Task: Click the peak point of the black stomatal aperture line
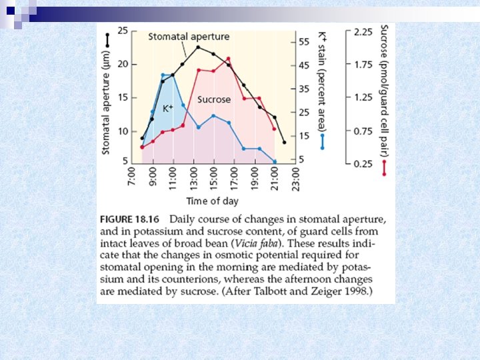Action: (x=198, y=47)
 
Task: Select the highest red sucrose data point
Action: (x=228, y=59)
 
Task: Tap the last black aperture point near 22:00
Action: (x=285, y=143)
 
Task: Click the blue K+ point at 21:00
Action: (x=275, y=161)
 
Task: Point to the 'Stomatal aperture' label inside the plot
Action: (x=189, y=37)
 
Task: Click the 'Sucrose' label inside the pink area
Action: (x=214, y=99)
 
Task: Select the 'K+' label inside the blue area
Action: (x=167, y=108)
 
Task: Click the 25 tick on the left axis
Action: (x=123, y=31)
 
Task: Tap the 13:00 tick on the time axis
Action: (x=193, y=179)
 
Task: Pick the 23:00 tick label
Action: (x=295, y=179)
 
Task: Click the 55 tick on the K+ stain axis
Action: (x=304, y=41)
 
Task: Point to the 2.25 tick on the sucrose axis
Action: (x=363, y=32)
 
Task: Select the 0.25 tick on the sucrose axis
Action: (x=363, y=164)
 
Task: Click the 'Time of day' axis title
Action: (x=213, y=201)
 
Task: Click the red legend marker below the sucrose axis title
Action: (x=384, y=168)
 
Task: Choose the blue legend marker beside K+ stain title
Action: (x=322, y=141)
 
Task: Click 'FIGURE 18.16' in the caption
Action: (x=130, y=219)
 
